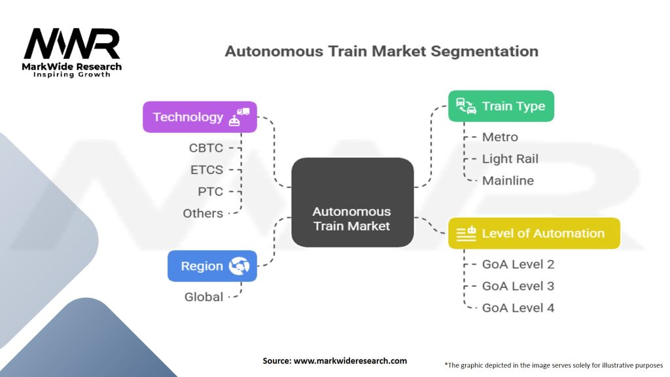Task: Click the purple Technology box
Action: pyautogui.click(x=200, y=117)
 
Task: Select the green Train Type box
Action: pyautogui.click(x=501, y=106)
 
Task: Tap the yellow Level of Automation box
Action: pyautogui.click(x=534, y=233)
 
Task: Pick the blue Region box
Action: pyautogui.click(x=212, y=266)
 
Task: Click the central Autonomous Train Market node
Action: pyautogui.click(x=352, y=203)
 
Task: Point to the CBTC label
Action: pyautogui.click(x=205, y=148)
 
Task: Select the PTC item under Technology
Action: pyautogui.click(x=210, y=191)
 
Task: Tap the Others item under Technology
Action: pyautogui.click(x=203, y=213)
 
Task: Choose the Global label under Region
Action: pyautogui.click(x=203, y=296)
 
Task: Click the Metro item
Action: pyautogui.click(x=500, y=137)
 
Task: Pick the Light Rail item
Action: pyautogui.click(x=510, y=158)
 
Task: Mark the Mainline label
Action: pyautogui.click(x=508, y=181)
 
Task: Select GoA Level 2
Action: pyautogui.click(x=518, y=264)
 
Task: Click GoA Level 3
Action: pyautogui.click(x=518, y=286)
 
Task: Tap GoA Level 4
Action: pyautogui.click(x=518, y=308)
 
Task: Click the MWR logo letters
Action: pyautogui.click(x=72, y=45)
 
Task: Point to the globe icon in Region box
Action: pyautogui.click(x=239, y=266)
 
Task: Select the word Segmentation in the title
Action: pyautogui.click(x=481, y=51)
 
